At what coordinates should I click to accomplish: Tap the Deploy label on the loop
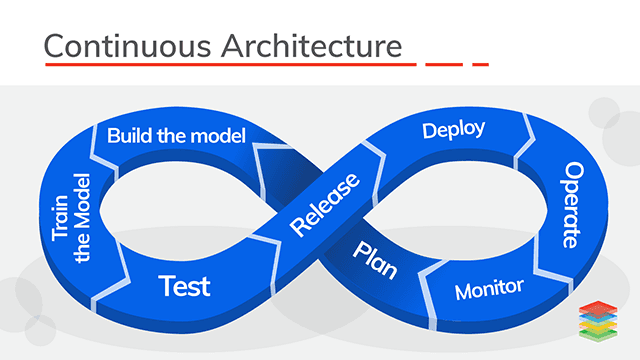[453, 130]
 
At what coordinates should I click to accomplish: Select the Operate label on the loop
[571, 204]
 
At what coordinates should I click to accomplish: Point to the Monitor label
[489, 289]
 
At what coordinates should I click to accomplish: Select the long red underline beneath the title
[229, 65]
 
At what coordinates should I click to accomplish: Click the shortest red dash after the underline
[480, 65]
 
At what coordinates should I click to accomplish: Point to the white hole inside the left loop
[180, 205]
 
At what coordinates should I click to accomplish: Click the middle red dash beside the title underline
[444, 65]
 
